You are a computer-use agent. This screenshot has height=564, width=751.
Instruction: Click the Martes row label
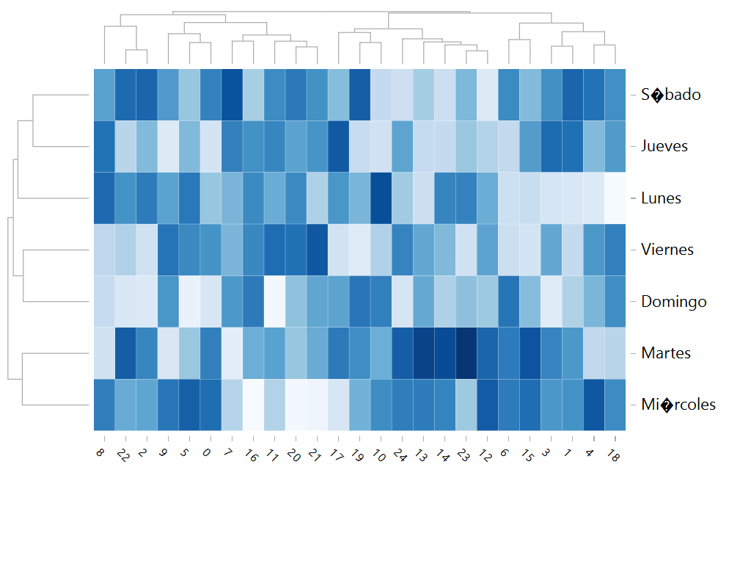click(666, 353)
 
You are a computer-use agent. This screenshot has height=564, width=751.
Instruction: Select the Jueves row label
click(664, 146)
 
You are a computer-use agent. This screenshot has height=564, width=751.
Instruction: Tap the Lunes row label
click(661, 198)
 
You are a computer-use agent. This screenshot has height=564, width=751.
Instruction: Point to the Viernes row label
click(667, 250)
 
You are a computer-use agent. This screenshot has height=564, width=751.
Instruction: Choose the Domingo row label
click(673, 302)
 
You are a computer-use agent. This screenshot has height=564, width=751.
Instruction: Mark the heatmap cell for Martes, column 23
click(466, 353)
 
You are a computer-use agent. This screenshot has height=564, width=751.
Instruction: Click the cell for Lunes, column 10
click(381, 198)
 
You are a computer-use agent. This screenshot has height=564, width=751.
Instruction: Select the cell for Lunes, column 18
click(615, 198)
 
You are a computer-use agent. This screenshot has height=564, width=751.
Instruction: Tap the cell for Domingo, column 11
click(274, 302)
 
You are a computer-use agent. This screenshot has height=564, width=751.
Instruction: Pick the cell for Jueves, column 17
click(338, 146)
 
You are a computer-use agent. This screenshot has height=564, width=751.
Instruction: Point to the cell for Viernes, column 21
click(317, 250)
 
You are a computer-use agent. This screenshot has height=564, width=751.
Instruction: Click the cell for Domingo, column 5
click(189, 302)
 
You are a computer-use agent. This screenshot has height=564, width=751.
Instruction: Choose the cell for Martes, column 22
click(125, 353)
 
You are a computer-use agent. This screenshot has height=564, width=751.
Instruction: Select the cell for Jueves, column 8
click(104, 146)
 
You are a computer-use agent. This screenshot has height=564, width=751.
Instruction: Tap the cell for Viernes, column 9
click(168, 250)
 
